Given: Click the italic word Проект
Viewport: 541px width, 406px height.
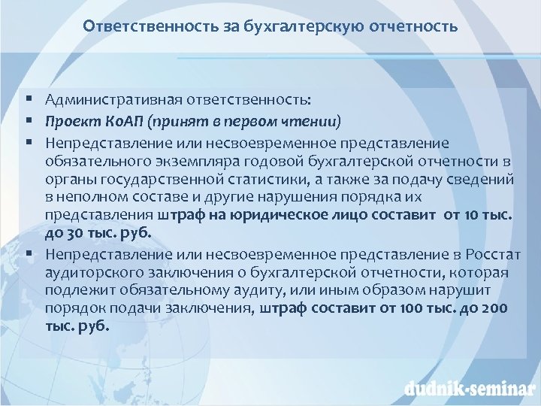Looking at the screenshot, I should pyautogui.click(x=68, y=121).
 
